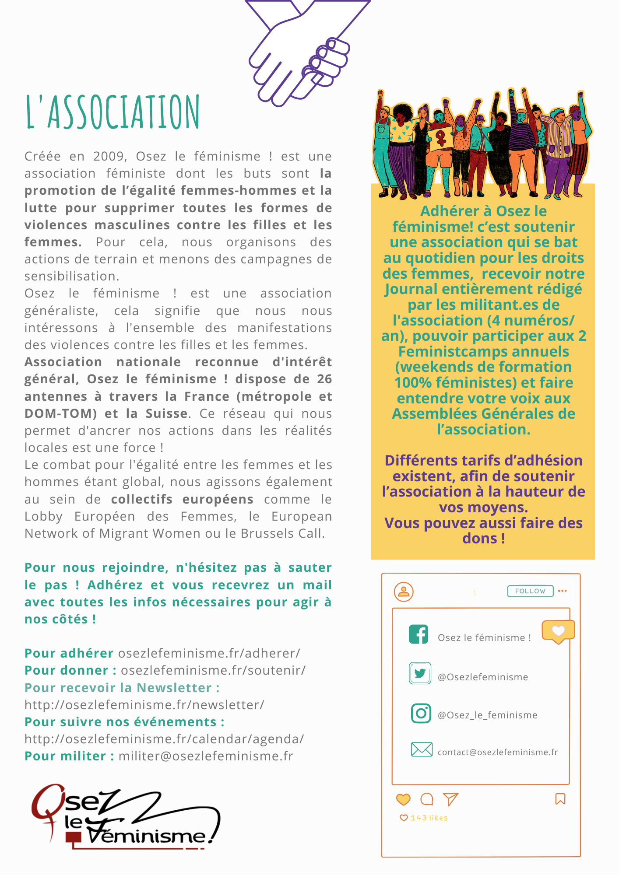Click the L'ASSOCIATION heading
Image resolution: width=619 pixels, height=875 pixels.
coord(113,112)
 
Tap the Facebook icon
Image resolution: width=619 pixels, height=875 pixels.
coord(419,634)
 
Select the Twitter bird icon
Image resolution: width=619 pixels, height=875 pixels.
coord(420,673)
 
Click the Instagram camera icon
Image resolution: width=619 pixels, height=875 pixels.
coord(421,713)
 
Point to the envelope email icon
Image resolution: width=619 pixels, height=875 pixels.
coord(422,749)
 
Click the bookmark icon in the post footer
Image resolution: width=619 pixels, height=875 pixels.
coord(560,799)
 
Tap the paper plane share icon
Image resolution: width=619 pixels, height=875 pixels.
coord(450,799)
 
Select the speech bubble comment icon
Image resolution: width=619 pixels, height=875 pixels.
coord(426,799)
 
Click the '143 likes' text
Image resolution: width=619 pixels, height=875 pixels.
coord(429,818)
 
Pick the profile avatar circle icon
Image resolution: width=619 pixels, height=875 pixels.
coord(404,591)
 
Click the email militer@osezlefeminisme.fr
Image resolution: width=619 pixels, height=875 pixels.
coord(206,756)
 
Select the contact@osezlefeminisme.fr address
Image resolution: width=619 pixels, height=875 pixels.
coord(497,752)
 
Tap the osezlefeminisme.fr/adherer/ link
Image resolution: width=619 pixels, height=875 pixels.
coord(209,653)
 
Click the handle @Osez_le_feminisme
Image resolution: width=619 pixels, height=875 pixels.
coord(487,715)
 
